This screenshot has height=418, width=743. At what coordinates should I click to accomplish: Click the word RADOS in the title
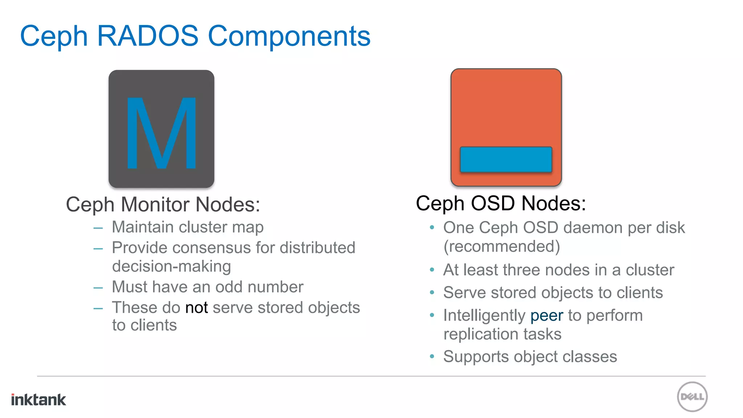pyautogui.click(x=148, y=36)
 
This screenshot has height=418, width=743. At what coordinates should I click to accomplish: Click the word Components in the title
pyautogui.click(x=289, y=37)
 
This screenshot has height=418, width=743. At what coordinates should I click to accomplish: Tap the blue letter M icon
pyautogui.click(x=161, y=133)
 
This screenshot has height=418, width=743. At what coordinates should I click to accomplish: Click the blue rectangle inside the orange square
pyautogui.click(x=506, y=159)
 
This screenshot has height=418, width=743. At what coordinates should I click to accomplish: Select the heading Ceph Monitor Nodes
pyautogui.click(x=163, y=204)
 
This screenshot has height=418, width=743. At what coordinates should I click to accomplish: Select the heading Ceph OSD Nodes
pyautogui.click(x=501, y=203)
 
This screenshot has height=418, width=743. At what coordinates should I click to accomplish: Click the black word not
pyautogui.click(x=196, y=308)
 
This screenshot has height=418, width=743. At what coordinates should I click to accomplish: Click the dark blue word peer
pyautogui.click(x=547, y=315)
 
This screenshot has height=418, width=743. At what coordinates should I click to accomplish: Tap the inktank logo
pyautogui.click(x=38, y=399)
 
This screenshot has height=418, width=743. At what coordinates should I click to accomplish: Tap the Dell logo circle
pyautogui.click(x=692, y=397)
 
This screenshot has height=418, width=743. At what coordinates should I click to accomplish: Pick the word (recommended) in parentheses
pyautogui.click(x=502, y=246)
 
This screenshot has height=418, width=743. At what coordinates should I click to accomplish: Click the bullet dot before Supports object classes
pyautogui.click(x=432, y=357)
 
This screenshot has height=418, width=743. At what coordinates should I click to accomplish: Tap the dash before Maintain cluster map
pyautogui.click(x=98, y=228)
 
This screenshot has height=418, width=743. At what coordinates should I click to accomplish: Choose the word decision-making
pyautogui.click(x=171, y=267)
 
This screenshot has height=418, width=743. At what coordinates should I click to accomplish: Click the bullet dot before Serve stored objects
pyautogui.click(x=432, y=293)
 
